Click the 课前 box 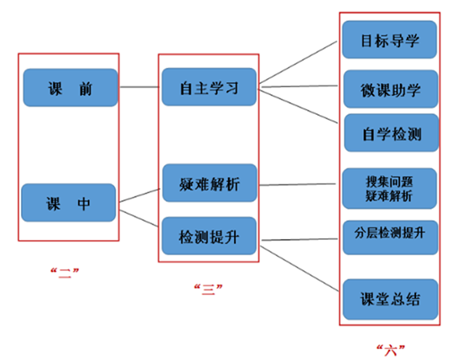point(70,88)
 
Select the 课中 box point(69,202)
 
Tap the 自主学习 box point(209,86)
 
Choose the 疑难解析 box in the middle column point(210,183)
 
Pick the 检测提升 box point(209,236)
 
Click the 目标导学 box point(389,39)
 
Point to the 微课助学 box point(391,89)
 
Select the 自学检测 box point(391,133)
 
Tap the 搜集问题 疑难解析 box point(389,189)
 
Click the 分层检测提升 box point(390,237)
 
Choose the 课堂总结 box point(390,300)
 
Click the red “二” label point(65,273)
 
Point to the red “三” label point(208,290)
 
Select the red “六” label point(391,350)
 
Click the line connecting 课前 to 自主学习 point(139,86)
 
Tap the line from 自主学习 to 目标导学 point(299,62)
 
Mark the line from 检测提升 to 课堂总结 point(299,269)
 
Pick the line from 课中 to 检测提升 point(138,218)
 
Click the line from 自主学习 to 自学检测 point(298,107)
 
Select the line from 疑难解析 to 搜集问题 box point(298,185)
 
